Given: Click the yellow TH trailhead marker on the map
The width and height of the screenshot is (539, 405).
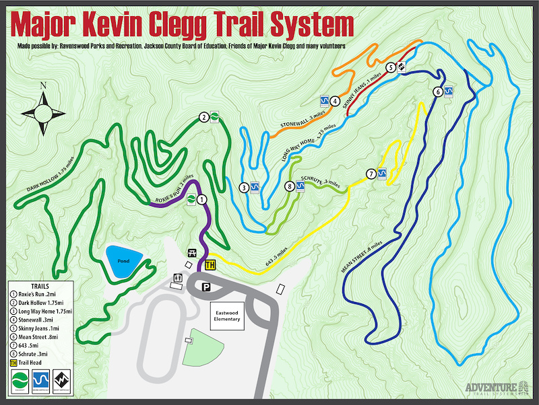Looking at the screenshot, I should click(x=210, y=264).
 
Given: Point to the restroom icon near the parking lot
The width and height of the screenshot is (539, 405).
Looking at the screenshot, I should click(x=179, y=278).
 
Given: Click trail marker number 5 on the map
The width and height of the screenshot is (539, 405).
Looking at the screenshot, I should click(x=391, y=67).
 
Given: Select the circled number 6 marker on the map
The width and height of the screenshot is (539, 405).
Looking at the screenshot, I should click(x=438, y=91).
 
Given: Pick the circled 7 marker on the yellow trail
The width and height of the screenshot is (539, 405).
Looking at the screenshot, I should click(x=371, y=174).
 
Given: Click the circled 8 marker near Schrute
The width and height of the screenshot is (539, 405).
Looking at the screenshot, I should click(x=290, y=186).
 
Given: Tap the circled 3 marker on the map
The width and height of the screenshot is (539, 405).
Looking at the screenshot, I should click(x=244, y=187).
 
